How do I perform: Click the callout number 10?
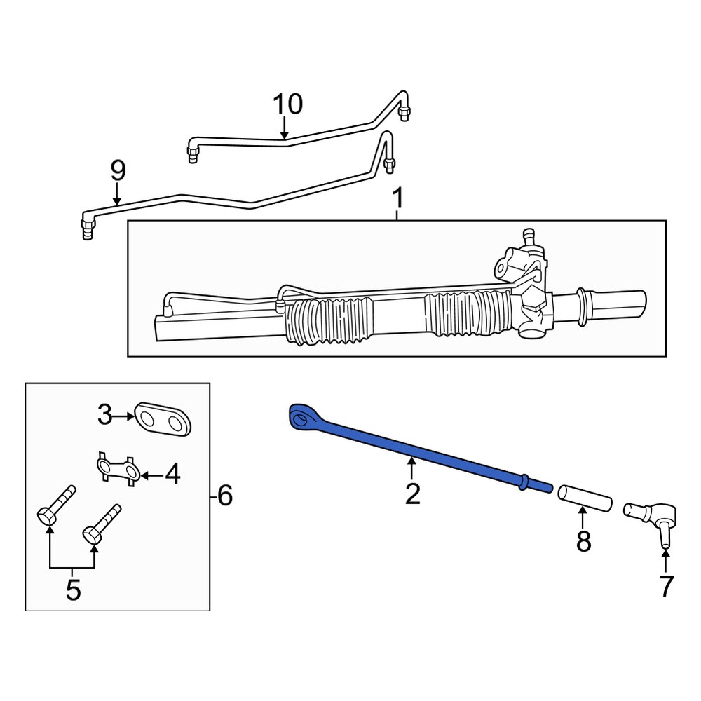click(x=288, y=104)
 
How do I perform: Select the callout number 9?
click(x=118, y=170)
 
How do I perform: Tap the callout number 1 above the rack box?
click(x=397, y=198)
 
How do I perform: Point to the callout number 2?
click(x=412, y=494)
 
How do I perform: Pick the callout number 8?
click(x=583, y=541)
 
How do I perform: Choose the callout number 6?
click(x=225, y=496)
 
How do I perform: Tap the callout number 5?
click(x=74, y=590)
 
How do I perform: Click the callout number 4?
click(x=172, y=474)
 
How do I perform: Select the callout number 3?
click(x=104, y=415)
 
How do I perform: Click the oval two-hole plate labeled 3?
click(x=163, y=418)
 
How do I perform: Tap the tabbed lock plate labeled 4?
click(x=118, y=469)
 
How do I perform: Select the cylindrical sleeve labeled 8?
click(x=585, y=498)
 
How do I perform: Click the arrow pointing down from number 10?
click(x=284, y=128)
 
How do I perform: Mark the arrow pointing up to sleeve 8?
click(x=583, y=517)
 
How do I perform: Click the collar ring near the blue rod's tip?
click(x=523, y=482)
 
